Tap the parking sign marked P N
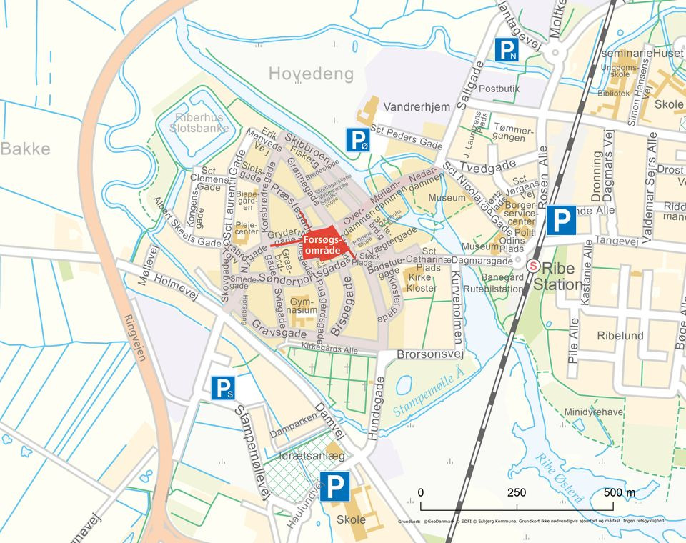tap(507, 50)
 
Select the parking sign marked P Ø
tap(358, 140)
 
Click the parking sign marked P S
tap(223, 388)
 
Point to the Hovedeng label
tap(311, 74)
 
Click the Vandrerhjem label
tap(417, 107)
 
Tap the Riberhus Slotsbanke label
tap(199, 123)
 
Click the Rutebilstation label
tap(493, 289)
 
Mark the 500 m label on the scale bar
tap(619, 493)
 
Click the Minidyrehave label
tap(593, 412)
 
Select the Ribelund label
tap(620, 335)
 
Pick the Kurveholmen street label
tap(458, 301)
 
